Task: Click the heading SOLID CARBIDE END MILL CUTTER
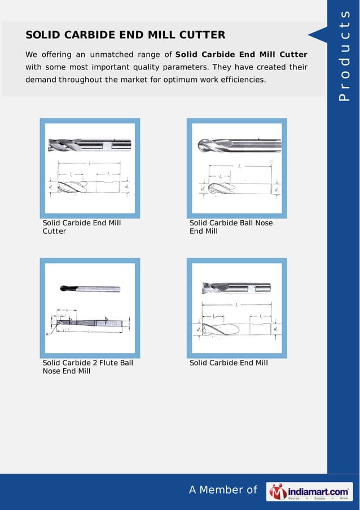(125, 36)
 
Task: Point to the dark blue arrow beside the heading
(317, 36)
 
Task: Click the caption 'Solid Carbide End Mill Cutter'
(82, 227)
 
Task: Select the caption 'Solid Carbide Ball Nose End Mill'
(231, 227)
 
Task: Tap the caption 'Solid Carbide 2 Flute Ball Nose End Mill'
(87, 367)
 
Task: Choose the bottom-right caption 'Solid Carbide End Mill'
(229, 363)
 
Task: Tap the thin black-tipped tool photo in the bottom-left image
(90, 288)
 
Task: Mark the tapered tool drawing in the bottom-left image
(90, 323)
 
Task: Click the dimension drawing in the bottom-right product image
(237, 325)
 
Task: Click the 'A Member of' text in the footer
(223, 490)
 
